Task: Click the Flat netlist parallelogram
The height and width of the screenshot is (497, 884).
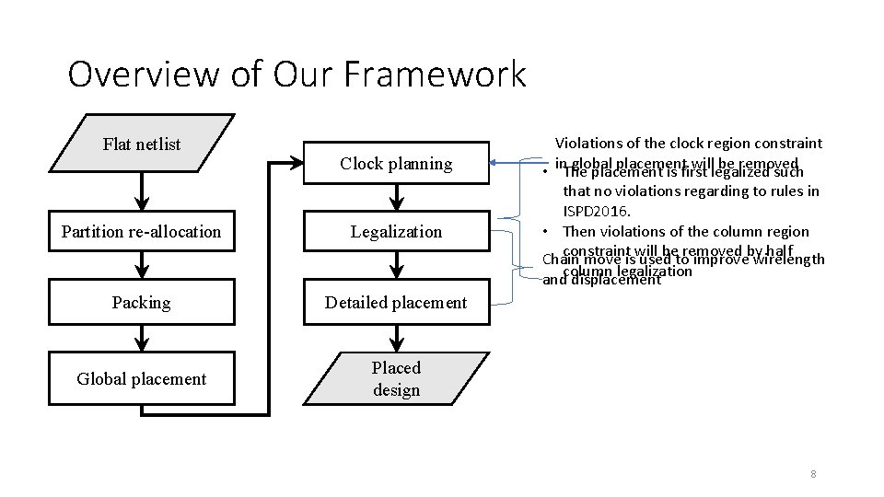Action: tap(141, 144)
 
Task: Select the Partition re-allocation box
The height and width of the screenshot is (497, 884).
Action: tap(141, 232)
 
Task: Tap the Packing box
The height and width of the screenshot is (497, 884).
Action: tap(141, 302)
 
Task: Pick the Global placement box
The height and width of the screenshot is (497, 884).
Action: tap(141, 379)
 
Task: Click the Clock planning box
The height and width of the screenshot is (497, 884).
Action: tap(396, 164)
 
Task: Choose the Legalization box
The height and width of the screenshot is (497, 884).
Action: tap(396, 232)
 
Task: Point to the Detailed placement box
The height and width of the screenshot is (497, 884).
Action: tap(396, 302)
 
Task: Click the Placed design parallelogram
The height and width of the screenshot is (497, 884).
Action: tap(396, 378)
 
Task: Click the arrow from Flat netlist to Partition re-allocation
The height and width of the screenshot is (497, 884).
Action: tap(141, 191)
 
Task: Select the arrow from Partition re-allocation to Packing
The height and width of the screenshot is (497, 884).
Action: tap(141, 267)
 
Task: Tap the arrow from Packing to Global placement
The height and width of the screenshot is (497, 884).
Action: tap(141, 338)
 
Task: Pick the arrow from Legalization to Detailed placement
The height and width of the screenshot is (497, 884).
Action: tap(396, 267)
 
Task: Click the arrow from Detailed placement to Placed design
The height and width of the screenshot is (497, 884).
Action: tap(396, 338)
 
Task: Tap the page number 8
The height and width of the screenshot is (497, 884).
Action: tap(813, 474)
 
